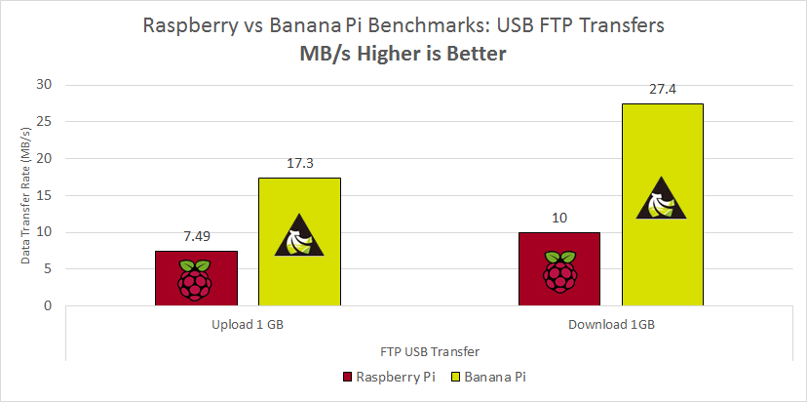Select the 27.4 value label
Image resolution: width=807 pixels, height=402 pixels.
tap(662, 90)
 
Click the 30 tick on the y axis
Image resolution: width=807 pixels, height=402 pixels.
tap(43, 85)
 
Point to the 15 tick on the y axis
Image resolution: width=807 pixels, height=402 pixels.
tap(43, 195)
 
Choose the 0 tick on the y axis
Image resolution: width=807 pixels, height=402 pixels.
tap(47, 305)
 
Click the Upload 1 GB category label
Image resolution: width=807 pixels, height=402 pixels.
tap(249, 323)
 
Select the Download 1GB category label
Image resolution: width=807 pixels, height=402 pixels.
tap(611, 323)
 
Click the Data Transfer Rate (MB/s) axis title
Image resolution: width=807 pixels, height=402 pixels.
tap(23, 195)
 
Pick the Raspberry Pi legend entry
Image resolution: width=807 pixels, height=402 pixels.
tap(390, 376)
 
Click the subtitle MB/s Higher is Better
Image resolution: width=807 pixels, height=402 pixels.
tap(403, 55)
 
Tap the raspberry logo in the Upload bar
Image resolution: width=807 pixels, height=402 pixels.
tap(196, 279)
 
